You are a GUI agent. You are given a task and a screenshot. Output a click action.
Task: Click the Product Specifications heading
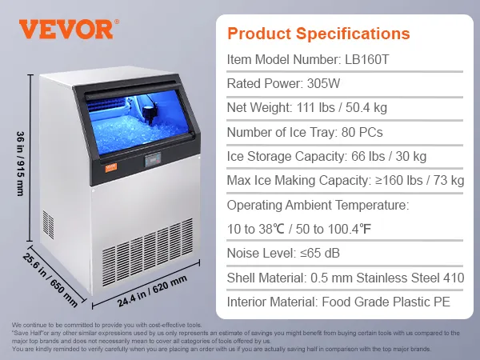pyautogui.click(x=318, y=34)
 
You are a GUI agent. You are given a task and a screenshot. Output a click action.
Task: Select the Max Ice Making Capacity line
pyautogui.click(x=346, y=181)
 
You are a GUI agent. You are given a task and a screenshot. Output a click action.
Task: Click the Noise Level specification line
pyautogui.click(x=284, y=254)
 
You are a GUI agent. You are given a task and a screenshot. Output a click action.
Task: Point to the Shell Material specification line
pyautogui.click(x=346, y=278)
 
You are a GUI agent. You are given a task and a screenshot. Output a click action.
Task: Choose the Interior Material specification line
pyautogui.click(x=338, y=302)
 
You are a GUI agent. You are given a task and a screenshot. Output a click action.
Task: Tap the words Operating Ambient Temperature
pyautogui.click(x=318, y=206)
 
